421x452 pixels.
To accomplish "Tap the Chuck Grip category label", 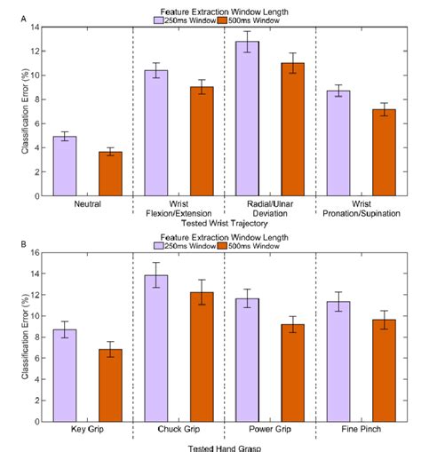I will click(177, 429).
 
